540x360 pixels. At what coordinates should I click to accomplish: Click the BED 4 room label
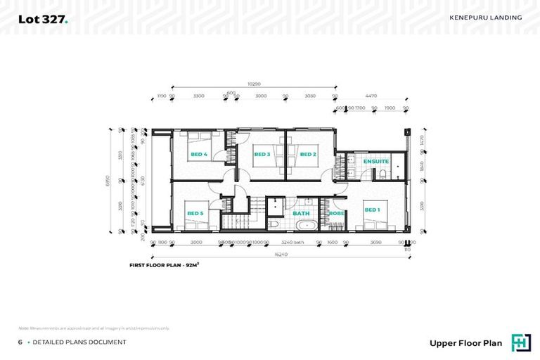[x=198, y=154]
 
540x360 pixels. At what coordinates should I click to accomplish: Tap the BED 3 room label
[x=262, y=154]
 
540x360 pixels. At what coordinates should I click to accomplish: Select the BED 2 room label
[x=307, y=154]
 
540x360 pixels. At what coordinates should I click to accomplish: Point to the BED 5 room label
[x=194, y=213]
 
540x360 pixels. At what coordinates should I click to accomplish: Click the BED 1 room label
[x=371, y=210]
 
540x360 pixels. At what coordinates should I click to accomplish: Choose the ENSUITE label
[x=375, y=162]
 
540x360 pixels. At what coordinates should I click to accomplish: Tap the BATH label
[x=301, y=213]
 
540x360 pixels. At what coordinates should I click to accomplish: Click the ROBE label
[x=336, y=213]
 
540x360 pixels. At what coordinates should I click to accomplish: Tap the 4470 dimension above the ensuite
[x=370, y=96]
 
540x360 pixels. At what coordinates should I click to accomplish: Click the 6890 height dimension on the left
[x=110, y=180]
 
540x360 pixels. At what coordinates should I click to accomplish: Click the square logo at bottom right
[x=521, y=341]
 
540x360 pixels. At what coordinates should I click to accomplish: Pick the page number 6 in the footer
[x=20, y=342]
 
